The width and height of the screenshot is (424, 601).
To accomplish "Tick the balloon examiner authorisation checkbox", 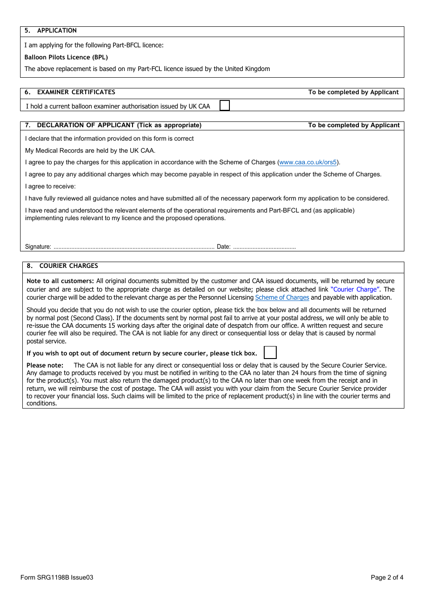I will (225, 105).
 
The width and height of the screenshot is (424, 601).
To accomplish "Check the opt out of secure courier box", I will (270, 352).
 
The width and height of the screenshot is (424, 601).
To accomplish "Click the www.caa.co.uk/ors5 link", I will (308, 163).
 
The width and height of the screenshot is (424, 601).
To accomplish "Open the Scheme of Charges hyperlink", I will (282, 297).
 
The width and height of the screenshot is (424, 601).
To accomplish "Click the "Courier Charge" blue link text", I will (355, 289).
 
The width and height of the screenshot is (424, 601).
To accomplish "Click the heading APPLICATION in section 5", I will (57, 31).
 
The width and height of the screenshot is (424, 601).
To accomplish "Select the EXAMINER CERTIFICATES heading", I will (76, 92).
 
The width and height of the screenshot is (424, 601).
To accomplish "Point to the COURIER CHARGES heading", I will (68, 266).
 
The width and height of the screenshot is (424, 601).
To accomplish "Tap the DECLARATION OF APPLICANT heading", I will (119, 125).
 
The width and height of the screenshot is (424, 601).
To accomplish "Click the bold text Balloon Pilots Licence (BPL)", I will (66, 57).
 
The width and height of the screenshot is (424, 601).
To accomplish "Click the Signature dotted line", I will (134, 247).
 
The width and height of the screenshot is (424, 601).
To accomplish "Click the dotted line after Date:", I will (264, 247).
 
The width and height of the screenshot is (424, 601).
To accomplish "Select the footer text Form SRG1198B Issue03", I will (57, 577).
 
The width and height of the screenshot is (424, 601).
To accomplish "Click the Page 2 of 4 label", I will (387, 577).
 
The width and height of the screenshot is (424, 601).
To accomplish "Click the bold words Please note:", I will (45, 365).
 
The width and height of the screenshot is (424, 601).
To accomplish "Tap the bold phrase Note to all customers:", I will (60, 281).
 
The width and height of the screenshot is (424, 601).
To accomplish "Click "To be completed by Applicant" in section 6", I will (353, 92).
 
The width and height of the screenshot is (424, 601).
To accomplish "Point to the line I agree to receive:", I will (50, 187).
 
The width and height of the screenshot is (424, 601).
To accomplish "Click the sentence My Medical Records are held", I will (90, 151).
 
